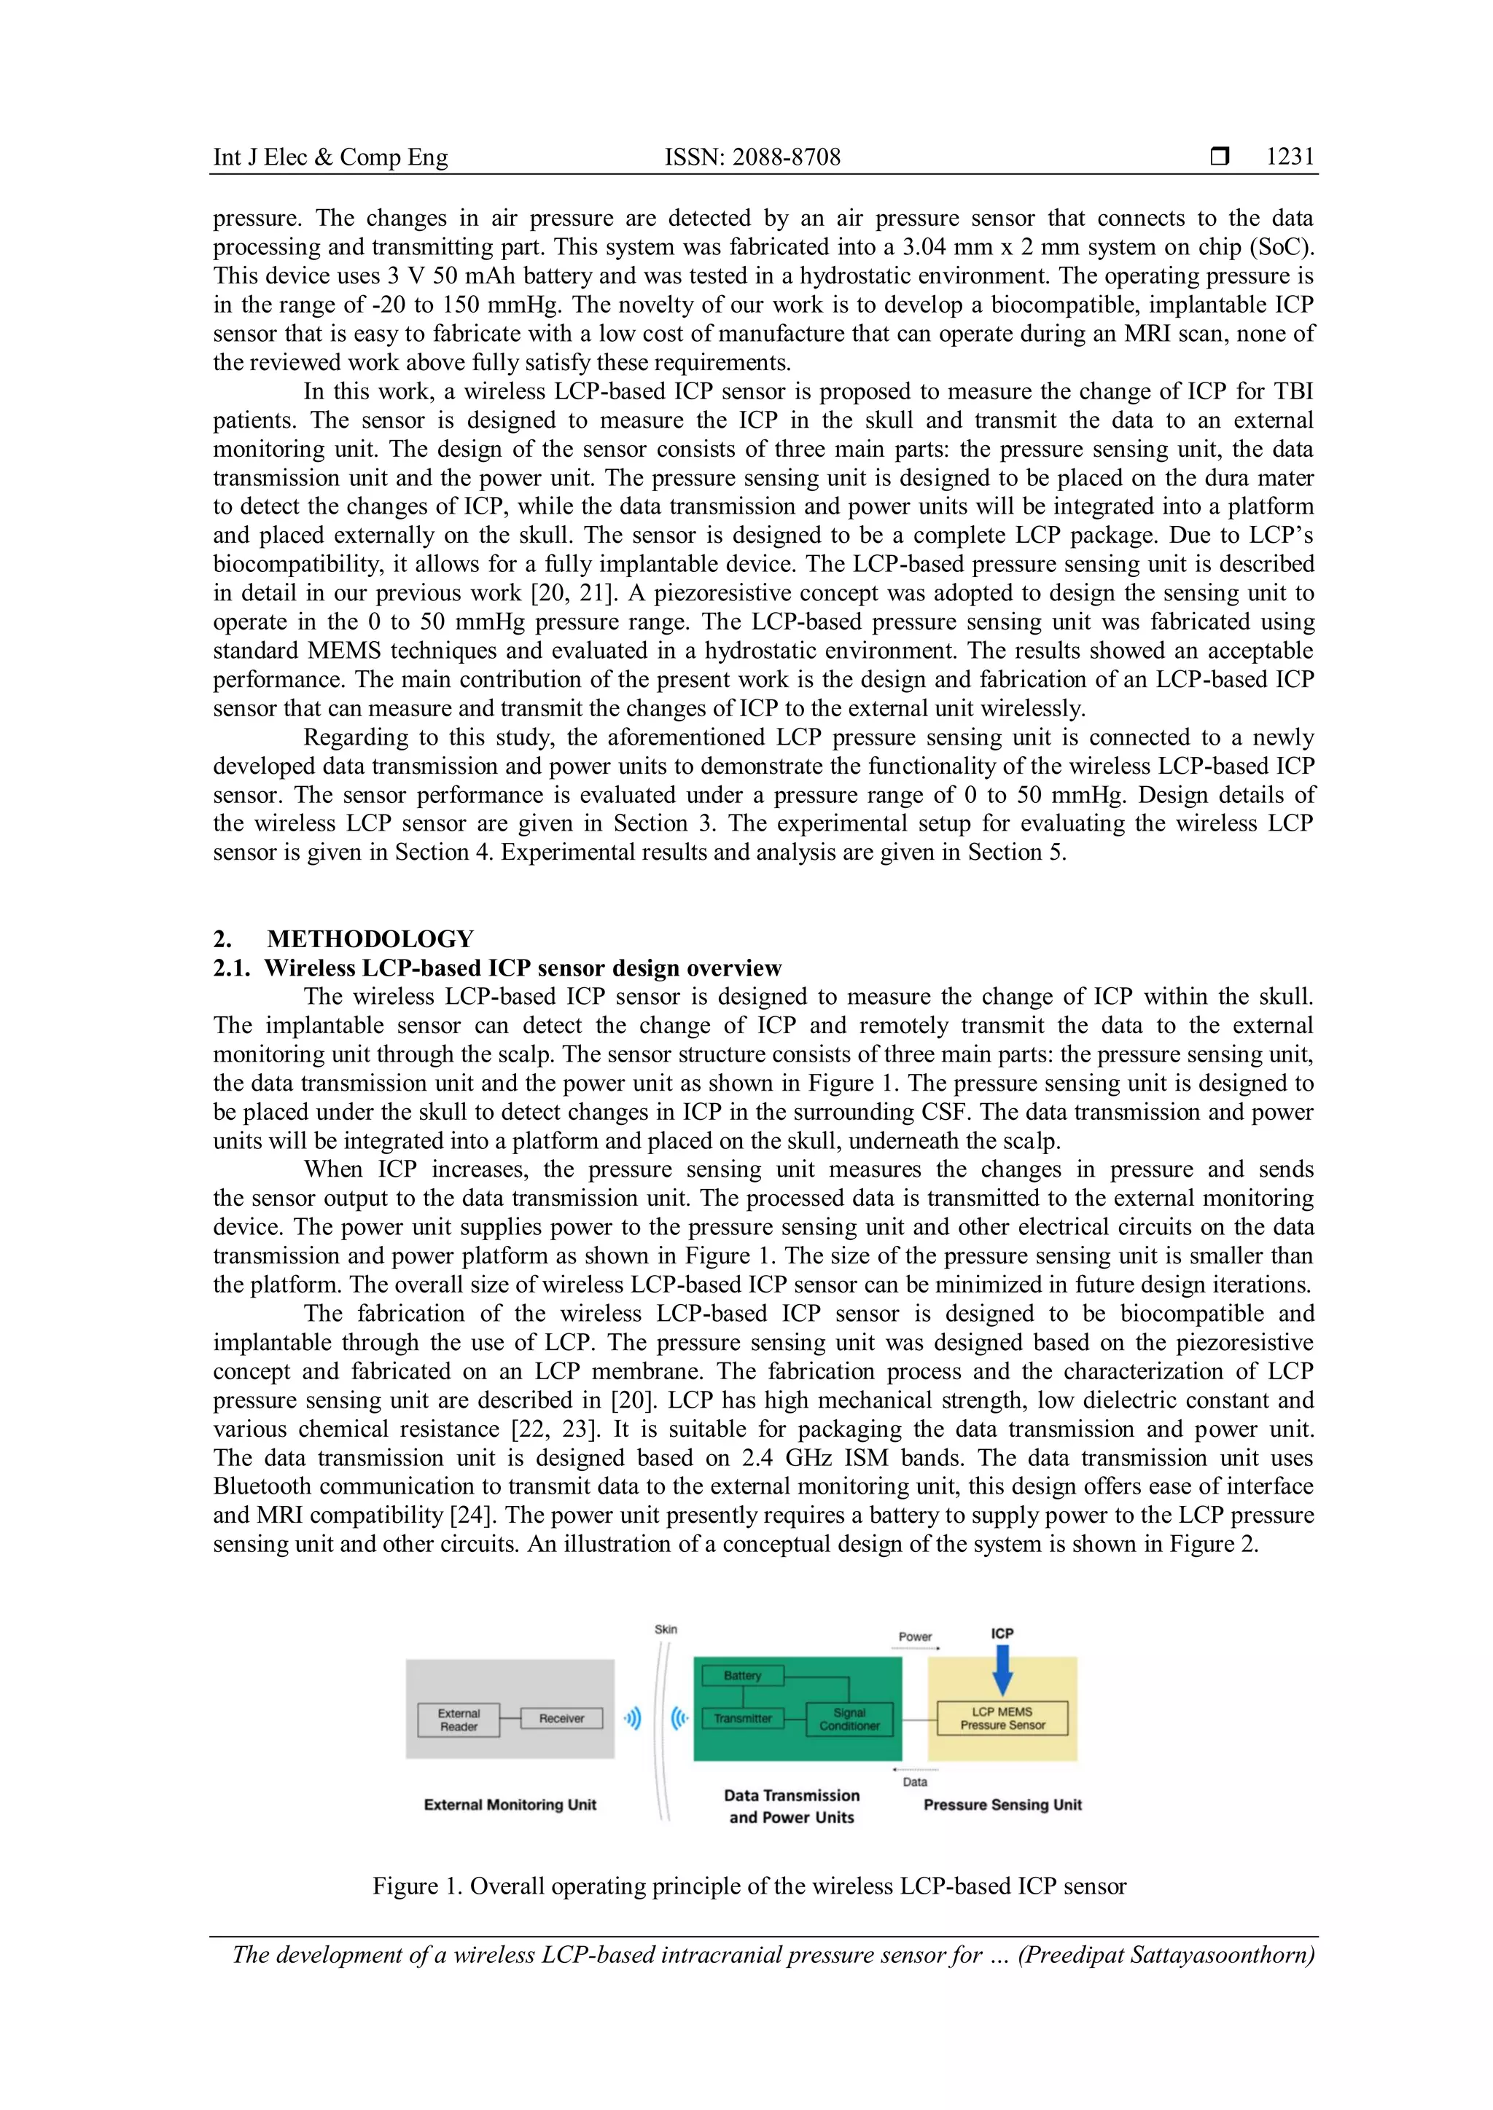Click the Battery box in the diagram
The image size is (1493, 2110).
pos(742,1675)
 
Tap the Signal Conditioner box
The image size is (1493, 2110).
pos(849,1719)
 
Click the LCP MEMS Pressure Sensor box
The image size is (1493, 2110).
pos(1002,1719)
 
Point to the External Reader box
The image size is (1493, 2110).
pos(458,1719)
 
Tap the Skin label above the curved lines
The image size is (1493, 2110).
pos(666,1629)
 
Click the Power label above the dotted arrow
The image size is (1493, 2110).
pos(915,1636)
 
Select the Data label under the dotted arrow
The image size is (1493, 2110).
pos(915,1782)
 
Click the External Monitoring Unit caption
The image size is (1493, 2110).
pos(510,1805)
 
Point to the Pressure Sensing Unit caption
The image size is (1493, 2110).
pos(1002,1805)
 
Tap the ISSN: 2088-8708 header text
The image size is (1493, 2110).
pos(752,157)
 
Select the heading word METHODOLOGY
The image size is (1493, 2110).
pos(370,939)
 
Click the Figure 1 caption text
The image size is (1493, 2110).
pos(749,1886)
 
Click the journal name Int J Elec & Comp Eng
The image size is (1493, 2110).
pos(330,157)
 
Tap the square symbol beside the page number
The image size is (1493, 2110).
pos(1219,157)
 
